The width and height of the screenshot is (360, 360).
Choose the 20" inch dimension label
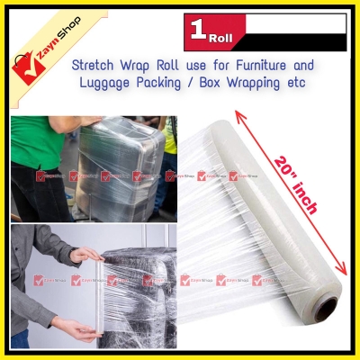tap(297, 190)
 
